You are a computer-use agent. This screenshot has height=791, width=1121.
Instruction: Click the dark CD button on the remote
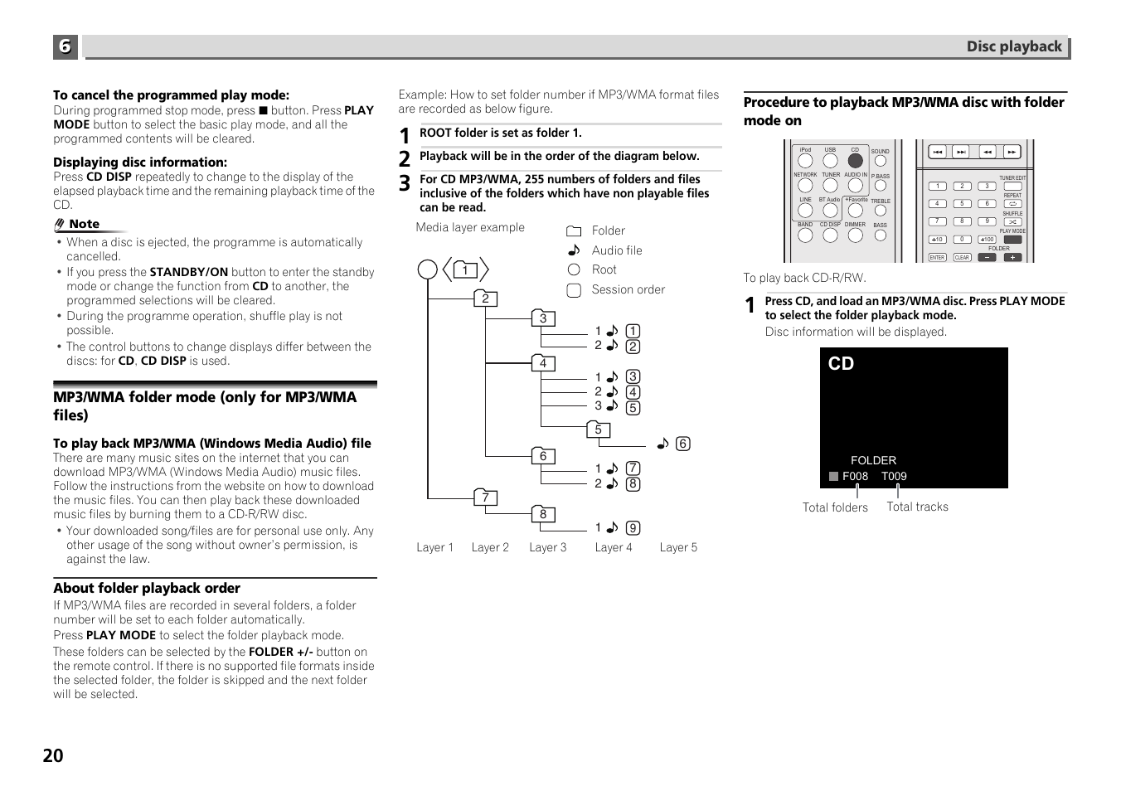click(855, 161)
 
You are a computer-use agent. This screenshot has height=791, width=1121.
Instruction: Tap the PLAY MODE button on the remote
click(1012, 240)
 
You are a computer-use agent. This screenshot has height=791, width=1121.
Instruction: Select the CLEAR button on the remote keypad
click(962, 258)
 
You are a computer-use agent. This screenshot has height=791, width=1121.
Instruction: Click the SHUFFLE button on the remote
click(1012, 221)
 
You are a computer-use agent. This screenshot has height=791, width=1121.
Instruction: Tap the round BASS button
click(880, 235)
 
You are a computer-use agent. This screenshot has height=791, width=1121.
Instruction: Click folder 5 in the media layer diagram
click(598, 429)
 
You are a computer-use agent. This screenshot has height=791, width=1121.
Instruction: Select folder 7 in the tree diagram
click(485, 497)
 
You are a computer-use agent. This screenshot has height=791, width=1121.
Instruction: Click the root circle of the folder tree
click(428, 269)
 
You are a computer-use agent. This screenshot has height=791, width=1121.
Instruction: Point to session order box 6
click(683, 444)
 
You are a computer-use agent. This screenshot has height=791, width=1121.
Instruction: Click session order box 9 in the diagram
click(633, 528)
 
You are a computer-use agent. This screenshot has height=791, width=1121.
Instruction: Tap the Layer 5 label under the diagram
click(678, 547)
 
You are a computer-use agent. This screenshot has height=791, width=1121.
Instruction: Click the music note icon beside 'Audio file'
click(574, 250)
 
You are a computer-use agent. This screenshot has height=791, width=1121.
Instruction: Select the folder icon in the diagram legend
click(574, 231)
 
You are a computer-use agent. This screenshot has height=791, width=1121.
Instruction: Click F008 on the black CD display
click(855, 476)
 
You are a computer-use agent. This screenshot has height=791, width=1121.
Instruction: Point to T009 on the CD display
click(894, 476)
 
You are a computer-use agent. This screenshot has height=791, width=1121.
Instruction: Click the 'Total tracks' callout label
click(917, 507)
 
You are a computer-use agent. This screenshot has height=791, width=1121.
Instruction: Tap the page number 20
click(53, 755)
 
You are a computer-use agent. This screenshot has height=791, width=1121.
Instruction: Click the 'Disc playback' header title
click(1013, 46)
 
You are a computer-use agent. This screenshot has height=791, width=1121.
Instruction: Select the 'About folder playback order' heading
click(147, 588)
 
